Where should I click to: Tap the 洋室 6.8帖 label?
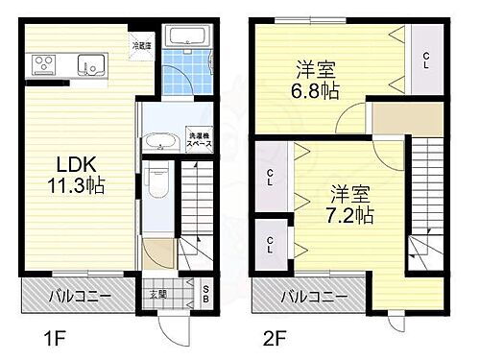[x=313, y=79]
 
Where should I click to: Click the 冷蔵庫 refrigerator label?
[x=141, y=44]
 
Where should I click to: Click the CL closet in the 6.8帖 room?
[x=425, y=57]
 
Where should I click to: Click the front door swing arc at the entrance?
[x=175, y=326]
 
